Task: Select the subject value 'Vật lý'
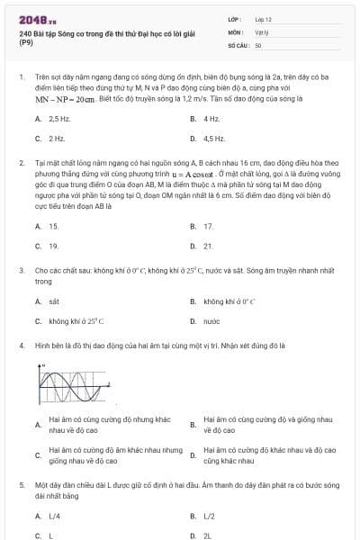(x=260, y=31)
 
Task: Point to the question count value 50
(x=258, y=44)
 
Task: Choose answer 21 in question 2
(x=208, y=246)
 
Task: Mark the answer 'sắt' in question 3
(x=54, y=301)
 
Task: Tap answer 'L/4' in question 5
(x=55, y=516)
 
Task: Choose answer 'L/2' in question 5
(x=210, y=516)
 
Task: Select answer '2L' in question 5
(x=208, y=535)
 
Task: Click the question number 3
(x=21, y=270)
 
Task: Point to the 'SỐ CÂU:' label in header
(x=238, y=44)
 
